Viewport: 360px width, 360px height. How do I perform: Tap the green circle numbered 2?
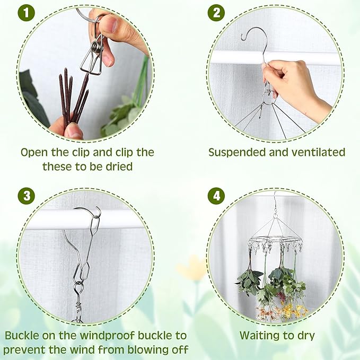point(216,13)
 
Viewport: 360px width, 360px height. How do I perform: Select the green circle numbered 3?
point(26,196)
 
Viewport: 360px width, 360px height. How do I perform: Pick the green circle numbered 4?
point(216,196)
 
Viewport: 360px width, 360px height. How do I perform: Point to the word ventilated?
point(317,153)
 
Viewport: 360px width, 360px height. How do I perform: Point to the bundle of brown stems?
point(73,98)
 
